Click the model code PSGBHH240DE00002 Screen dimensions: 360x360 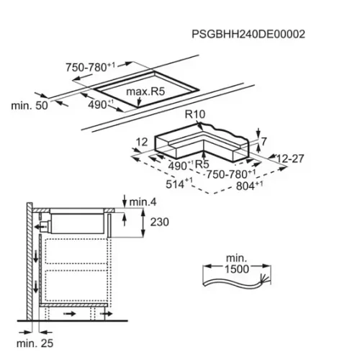click(248, 34)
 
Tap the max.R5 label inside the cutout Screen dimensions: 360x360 click(145, 91)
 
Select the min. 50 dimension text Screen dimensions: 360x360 click(30, 106)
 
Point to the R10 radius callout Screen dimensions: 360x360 click(195, 114)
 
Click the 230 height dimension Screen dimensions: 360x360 click(160, 222)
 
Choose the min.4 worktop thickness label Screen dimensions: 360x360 click(143, 202)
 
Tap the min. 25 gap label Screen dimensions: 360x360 click(35, 343)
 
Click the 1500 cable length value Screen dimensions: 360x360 click(237, 269)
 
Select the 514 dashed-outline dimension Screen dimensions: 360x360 click(179, 184)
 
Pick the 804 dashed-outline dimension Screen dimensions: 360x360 click(249, 186)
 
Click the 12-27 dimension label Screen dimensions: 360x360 click(290, 158)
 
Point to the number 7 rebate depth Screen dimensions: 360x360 click(264, 142)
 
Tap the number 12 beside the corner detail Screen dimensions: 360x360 click(142, 143)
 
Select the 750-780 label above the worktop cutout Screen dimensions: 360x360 click(91, 67)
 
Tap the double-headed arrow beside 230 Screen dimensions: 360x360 click(143, 222)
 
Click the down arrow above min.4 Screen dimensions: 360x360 click(125, 201)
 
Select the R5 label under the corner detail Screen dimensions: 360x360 click(202, 164)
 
